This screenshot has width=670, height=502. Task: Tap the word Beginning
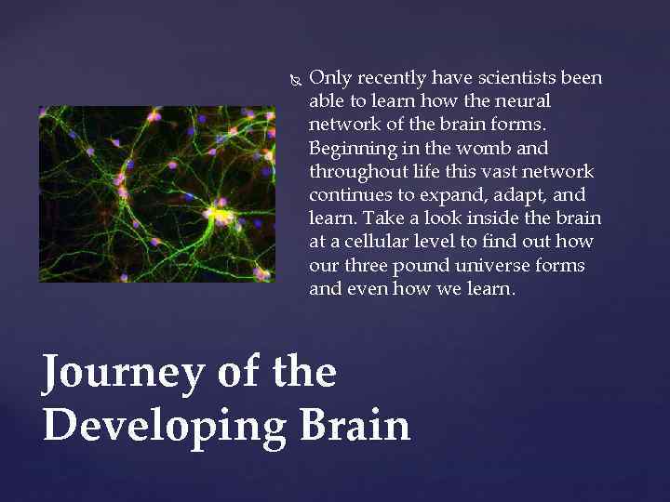click(349, 148)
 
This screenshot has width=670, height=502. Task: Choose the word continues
click(349, 195)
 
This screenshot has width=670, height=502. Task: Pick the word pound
click(422, 265)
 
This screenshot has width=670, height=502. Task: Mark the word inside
click(499, 218)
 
